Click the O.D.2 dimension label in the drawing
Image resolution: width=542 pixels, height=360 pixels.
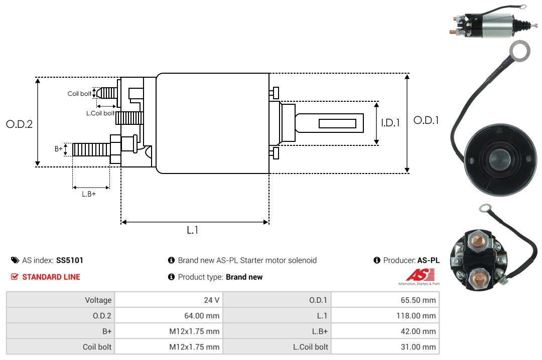[x=19, y=124]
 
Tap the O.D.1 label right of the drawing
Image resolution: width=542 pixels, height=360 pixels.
[x=426, y=120]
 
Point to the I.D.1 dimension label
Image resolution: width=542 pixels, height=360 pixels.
[x=390, y=122]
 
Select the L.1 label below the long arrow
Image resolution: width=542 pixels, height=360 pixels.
[x=193, y=230]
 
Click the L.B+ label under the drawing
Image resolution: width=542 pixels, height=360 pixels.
[x=89, y=194]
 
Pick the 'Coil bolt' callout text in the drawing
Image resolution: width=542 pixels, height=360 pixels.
[x=79, y=94]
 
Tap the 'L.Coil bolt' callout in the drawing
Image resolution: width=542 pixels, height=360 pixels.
[x=100, y=113]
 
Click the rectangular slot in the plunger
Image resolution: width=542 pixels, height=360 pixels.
[x=337, y=123]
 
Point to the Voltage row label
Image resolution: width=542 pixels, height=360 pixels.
[x=98, y=300]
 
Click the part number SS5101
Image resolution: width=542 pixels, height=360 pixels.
[x=70, y=260]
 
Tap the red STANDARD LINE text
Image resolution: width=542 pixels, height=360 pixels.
[x=51, y=277]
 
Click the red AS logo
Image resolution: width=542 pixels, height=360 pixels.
[x=416, y=275]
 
